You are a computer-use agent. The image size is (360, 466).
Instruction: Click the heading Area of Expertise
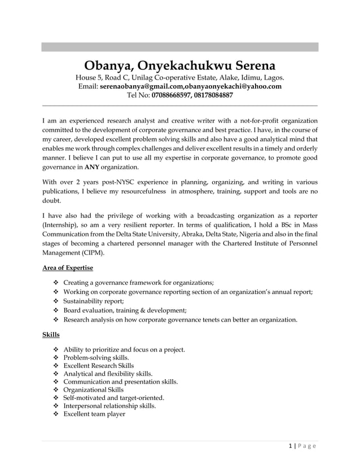tap(68, 267)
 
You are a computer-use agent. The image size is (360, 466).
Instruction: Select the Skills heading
tap(51, 335)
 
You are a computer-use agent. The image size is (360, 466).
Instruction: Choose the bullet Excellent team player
tap(94, 414)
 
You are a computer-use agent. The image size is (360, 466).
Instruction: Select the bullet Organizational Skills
tap(94, 389)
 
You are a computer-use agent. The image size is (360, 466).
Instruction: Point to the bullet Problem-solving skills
tap(96, 357)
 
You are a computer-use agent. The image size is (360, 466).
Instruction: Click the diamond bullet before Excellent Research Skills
tap(55, 366)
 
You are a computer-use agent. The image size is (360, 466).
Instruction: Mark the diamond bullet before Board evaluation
tap(55, 310)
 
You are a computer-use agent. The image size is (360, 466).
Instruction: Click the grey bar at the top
tap(179, 47)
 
